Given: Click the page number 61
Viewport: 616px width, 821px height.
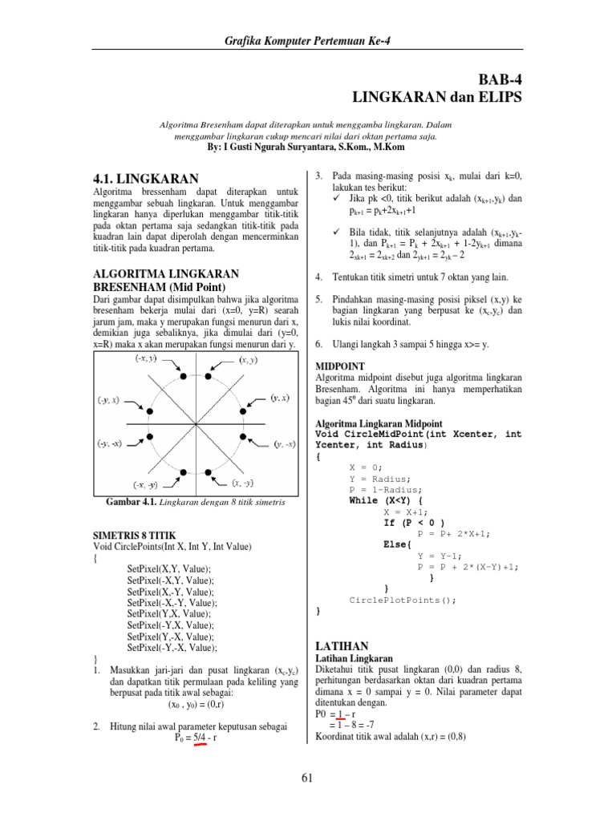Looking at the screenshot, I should pyautogui.click(x=308, y=777).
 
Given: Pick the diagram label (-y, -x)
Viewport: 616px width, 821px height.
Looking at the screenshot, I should pyautogui.click(x=110, y=443).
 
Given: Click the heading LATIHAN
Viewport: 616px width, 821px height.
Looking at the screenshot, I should pyautogui.click(x=342, y=645).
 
